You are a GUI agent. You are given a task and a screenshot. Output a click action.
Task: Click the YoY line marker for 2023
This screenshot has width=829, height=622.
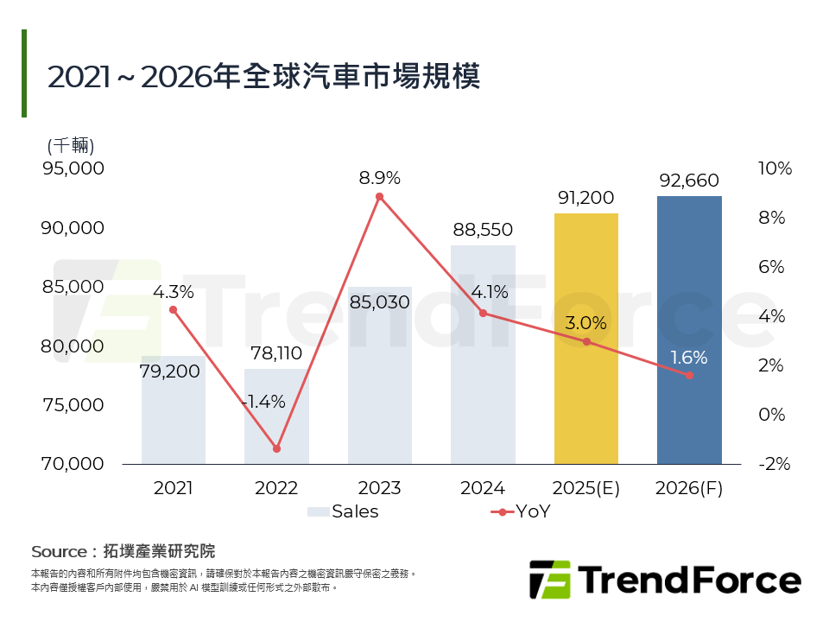379,197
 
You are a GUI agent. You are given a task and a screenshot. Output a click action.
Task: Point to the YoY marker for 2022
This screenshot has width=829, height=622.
276,448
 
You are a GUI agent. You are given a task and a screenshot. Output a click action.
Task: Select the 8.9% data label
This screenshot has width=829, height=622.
380,178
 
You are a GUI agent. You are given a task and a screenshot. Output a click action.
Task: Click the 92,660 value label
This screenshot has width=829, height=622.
689,181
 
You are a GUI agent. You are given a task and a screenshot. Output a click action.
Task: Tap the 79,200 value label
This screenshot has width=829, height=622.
170,371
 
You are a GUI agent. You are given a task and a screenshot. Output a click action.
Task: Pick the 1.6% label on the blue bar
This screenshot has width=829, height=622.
689,357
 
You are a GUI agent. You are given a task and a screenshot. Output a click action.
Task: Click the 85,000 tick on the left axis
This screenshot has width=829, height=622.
73,286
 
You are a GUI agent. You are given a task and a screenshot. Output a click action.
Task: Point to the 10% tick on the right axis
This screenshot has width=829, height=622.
775,168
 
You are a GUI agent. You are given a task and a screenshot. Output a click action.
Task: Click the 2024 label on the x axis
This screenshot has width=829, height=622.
482,488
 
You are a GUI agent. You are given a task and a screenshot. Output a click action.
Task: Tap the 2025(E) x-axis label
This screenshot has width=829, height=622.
585,488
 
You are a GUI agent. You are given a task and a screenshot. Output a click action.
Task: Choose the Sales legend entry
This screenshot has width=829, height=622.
343,511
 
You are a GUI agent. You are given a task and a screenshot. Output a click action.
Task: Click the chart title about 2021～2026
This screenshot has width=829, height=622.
263,76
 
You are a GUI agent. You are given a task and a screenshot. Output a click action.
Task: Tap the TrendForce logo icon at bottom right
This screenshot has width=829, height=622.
550,580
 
